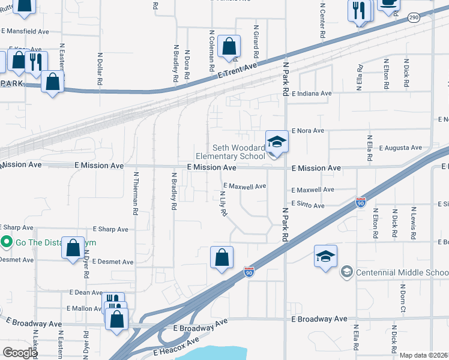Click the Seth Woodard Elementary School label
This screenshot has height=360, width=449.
click(x=238, y=152)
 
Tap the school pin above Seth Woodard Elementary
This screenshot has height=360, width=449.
click(x=277, y=142)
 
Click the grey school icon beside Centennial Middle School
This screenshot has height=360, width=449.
click(x=346, y=272)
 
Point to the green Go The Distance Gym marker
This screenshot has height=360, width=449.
click(x=7, y=242)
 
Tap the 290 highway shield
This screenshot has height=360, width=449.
click(x=414, y=19)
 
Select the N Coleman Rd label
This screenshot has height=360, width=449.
click(x=212, y=51)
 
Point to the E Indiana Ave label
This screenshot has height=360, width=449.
click(x=312, y=94)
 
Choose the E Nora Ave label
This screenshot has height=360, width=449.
click(x=308, y=131)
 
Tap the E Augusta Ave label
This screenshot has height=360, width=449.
click(x=402, y=148)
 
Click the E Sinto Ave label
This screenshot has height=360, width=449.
click(x=308, y=205)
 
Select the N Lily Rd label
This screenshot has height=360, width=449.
click(x=223, y=204)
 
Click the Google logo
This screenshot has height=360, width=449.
click(x=20, y=353)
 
